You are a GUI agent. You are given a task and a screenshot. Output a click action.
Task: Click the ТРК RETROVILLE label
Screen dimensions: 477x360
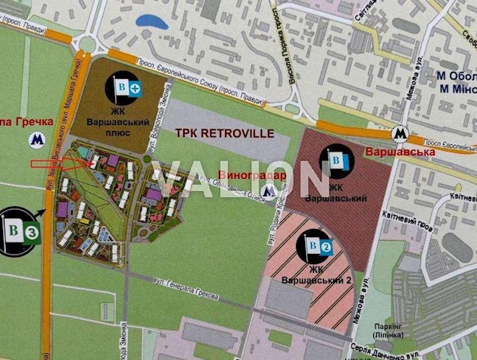(x=225, y=133)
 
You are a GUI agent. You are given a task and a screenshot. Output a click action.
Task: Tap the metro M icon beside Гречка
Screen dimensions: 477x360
(x=35, y=139)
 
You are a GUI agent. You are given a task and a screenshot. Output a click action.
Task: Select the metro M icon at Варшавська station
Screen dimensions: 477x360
(x=399, y=134)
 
